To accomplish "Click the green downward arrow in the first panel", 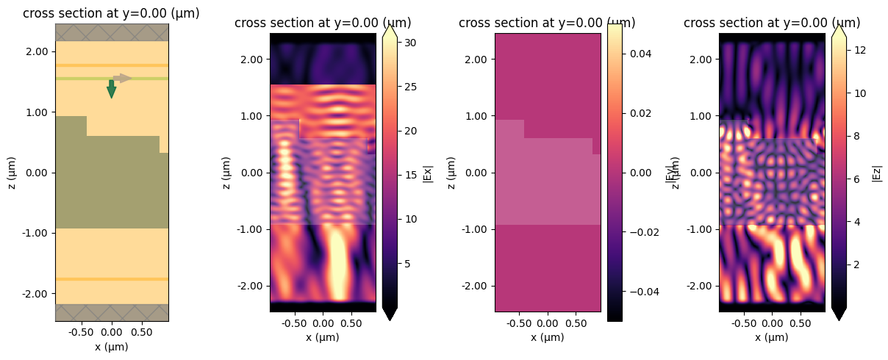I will tap(111, 89).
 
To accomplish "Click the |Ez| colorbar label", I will tap(876, 173).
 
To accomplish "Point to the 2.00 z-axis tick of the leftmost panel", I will tap(37, 51).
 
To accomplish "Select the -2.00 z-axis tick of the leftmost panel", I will tap(36, 293).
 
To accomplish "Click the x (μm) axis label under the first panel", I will tap(111, 347).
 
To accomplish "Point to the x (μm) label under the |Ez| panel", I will tap(772, 337).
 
